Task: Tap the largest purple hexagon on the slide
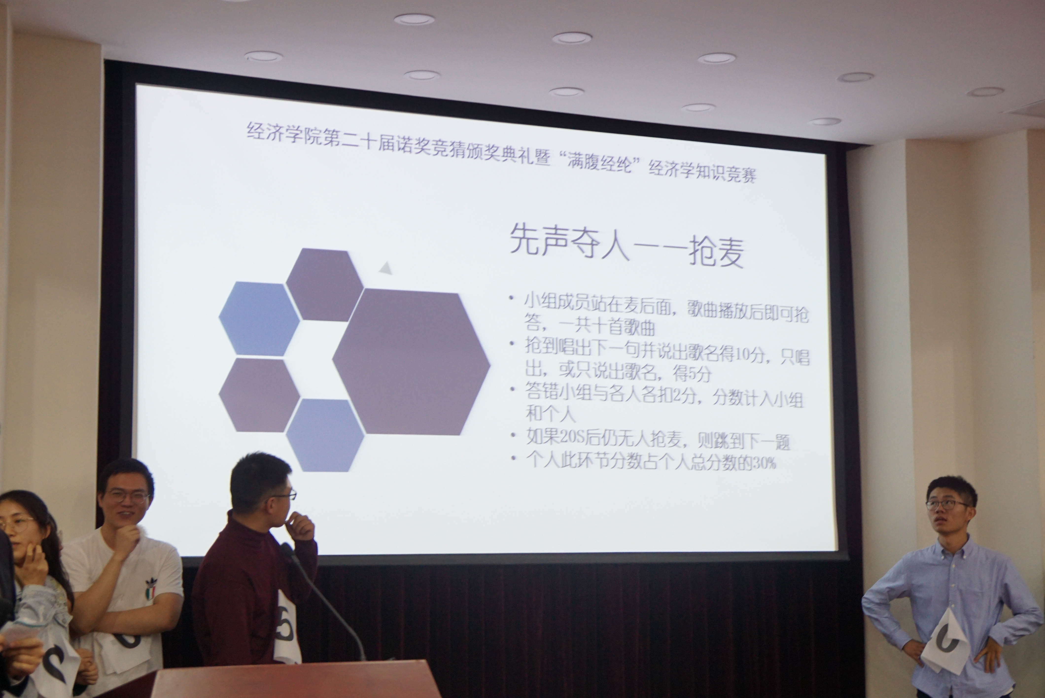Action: point(411,362)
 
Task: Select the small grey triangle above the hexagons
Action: point(385,268)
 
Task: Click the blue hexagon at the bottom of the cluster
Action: point(325,435)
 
